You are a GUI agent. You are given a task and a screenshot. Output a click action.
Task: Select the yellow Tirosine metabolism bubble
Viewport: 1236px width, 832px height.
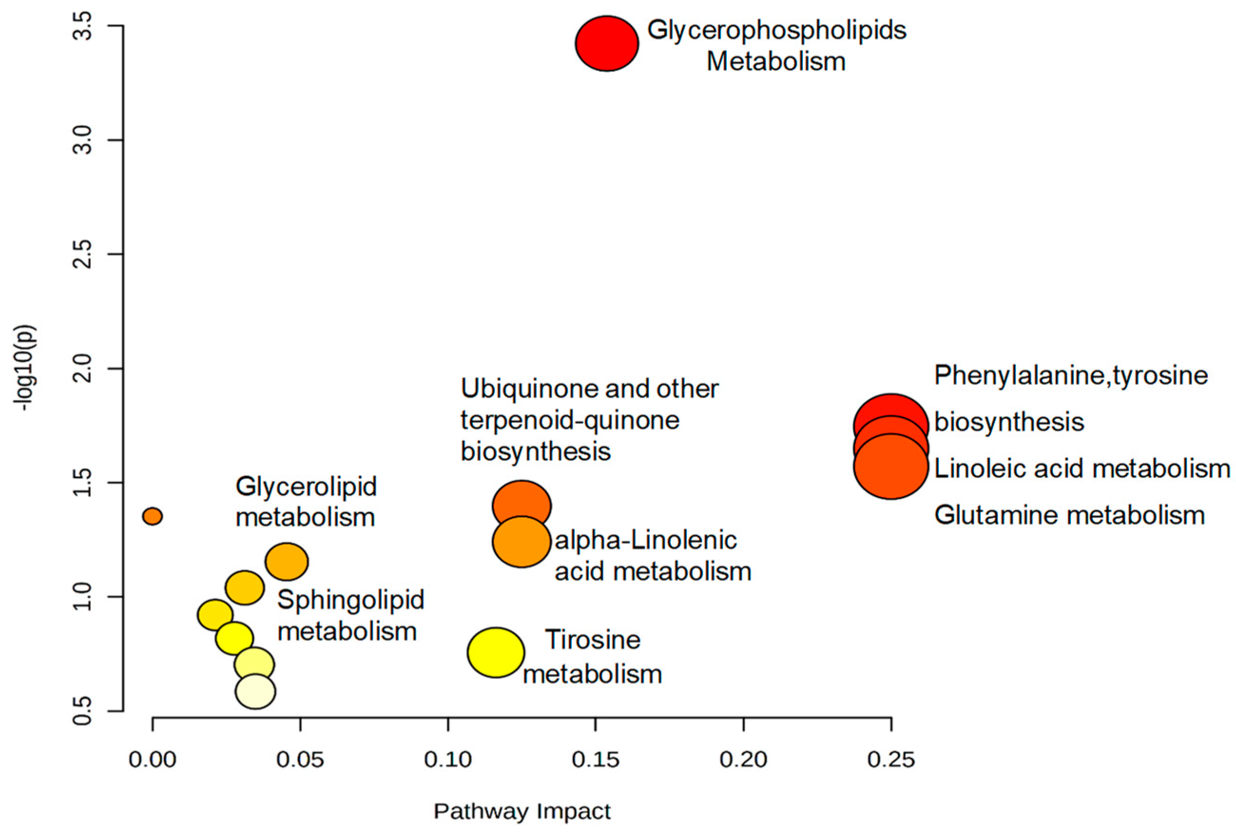(x=496, y=652)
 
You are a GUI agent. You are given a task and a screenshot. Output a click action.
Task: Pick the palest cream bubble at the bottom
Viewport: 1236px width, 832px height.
(x=255, y=691)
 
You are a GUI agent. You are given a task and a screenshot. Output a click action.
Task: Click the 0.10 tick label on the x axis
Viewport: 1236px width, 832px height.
(x=448, y=760)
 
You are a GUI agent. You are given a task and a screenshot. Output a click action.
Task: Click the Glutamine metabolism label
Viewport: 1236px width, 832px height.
(x=1069, y=515)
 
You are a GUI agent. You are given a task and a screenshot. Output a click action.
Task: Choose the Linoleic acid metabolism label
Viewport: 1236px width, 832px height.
(x=1082, y=469)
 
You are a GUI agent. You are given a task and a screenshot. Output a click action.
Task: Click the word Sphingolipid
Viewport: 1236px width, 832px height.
(x=351, y=600)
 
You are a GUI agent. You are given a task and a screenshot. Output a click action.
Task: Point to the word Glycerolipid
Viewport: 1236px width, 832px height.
(x=306, y=486)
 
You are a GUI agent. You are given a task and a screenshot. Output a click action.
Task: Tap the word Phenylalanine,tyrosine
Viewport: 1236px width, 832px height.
(x=1071, y=376)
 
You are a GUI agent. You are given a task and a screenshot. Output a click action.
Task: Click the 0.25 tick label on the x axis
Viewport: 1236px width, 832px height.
(x=891, y=760)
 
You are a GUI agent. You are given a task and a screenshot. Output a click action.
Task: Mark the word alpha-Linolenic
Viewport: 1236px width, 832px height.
(x=646, y=541)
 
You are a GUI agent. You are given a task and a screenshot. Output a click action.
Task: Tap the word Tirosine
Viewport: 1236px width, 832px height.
(x=593, y=640)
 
